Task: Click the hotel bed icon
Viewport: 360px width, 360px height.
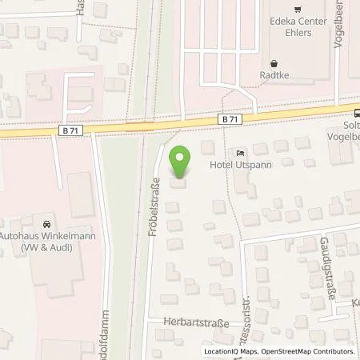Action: tap(240, 152)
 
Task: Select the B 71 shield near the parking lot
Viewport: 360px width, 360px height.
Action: tap(230, 118)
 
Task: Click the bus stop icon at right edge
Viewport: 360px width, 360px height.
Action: tap(357, 113)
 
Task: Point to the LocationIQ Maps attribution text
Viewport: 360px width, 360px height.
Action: tap(230, 351)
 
